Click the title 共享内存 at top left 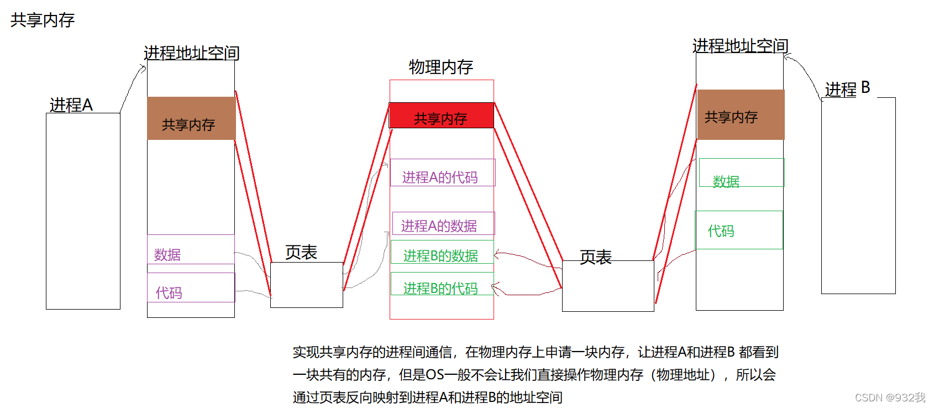(x=43, y=20)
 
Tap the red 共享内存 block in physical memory (x=441, y=116)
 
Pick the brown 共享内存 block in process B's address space (x=741, y=114)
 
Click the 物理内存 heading (x=440, y=67)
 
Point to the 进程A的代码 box (x=442, y=173)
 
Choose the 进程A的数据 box (x=443, y=224)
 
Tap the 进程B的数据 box (x=442, y=252)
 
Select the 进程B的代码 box (x=442, y=284)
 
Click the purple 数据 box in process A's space (x=191, y=250)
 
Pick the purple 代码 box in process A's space (x=191, y=287)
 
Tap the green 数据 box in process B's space (x=741, y=173)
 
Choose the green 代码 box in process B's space (x=739, y=230)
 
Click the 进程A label (x=71, y=105)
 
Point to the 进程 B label (x=847, y=88)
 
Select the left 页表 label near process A (x=301, y=253)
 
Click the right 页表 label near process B (x=596, y=257)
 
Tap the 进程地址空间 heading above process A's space (x=191, y=53)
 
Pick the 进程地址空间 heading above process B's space (x=740, y=46)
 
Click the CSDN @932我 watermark (x=890, y=397)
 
